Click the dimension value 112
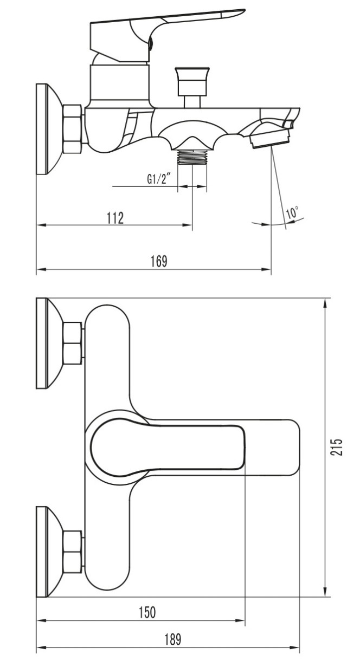(x=115, y=218)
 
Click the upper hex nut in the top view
(x=73, y=343)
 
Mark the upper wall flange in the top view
(x=47, y=343)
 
